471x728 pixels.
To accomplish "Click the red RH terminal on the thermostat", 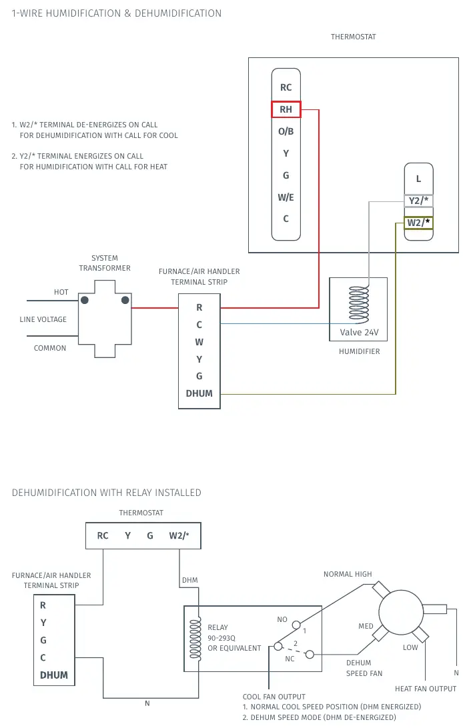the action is pyautogui.click(x=286, y=109).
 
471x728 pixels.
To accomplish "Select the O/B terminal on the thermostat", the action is pyautogui.click(x=286, y=131).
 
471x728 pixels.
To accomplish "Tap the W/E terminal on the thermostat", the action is pyautogui.click(x=286, y=197).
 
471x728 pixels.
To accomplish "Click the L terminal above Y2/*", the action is pyautogui.click(x=418, y=179).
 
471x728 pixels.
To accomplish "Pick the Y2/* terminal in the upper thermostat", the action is pyautogui.click(x=418, y=201).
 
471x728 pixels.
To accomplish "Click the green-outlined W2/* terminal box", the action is pyautogui.click(x=418, y=223).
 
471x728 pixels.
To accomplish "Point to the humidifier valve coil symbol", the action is pyautogui.click(x=359, y=304).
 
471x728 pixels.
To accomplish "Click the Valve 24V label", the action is pyautogui.click(x=359, y=333).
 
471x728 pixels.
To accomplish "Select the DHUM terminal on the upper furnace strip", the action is pyautogui.click(x=199, y=393).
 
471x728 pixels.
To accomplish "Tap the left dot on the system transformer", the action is pyautogui.click(x=85, y=300).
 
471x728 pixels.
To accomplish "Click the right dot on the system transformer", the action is pyautogui.click(x=125, y=300).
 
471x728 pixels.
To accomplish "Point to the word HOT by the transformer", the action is pyautogui.click(x=61, y=292).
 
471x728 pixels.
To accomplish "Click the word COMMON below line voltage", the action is pyautogui.click(x=49, y=348).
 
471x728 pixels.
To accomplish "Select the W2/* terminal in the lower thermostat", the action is pyautogui.click(x=179, y=536).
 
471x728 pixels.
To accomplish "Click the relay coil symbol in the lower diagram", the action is pyautogui.click(x=195, y=639).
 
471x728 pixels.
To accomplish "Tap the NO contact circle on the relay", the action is pyautogui.click(x=296, y=625).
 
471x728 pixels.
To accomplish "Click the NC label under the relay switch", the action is pyautogui.click(x=290, y=659).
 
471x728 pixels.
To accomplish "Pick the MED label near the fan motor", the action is pyautogui.click(x=366, y=626).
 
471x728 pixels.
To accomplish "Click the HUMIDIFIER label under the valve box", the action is pyautogui.click(x=360, y=351).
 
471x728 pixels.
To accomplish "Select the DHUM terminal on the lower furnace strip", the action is pyautogui.click(x=54, y=675).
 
